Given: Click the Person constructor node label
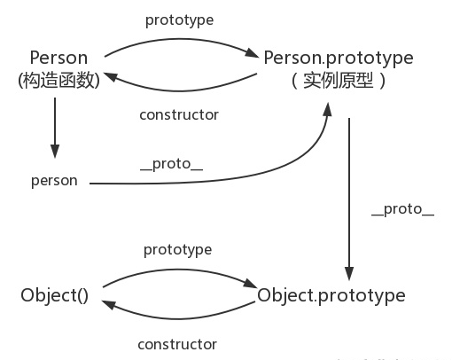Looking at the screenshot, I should point(58,58).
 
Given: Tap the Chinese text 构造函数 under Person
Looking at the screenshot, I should point(59,79).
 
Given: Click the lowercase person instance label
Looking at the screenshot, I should point(55,180).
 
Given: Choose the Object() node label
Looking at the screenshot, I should point(55,295).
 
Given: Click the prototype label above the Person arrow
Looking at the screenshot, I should point(179,18).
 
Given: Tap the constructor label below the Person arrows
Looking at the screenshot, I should point(179,114).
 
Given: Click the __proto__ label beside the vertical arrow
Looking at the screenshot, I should point(402,209).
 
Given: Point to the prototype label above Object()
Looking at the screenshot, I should point(177,250).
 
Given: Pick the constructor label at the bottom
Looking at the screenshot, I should point(177,343).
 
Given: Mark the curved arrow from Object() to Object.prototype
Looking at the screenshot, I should point(177,270).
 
